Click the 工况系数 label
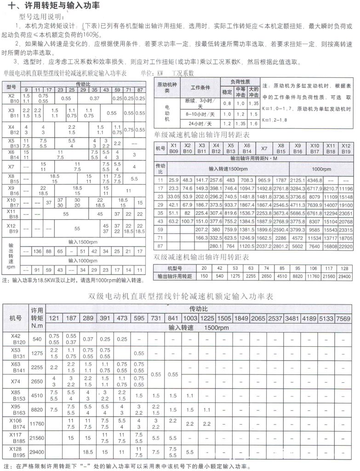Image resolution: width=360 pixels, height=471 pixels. point(183,73)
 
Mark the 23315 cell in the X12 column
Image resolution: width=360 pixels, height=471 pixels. point(346,229)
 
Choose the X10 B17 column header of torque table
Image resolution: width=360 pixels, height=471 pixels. point(314,148)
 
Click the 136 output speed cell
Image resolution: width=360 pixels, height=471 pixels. point(38,251)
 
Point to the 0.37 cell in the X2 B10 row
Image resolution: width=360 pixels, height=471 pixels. point(95,98)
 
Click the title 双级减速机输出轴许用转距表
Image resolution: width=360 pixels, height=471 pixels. point(201,257)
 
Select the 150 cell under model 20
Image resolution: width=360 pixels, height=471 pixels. point(204,276)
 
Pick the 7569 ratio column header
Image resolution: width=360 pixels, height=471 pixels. point(343,318)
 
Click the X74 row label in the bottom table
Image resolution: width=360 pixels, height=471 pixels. point(15,381)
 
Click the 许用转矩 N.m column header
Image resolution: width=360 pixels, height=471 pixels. point(37,318)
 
